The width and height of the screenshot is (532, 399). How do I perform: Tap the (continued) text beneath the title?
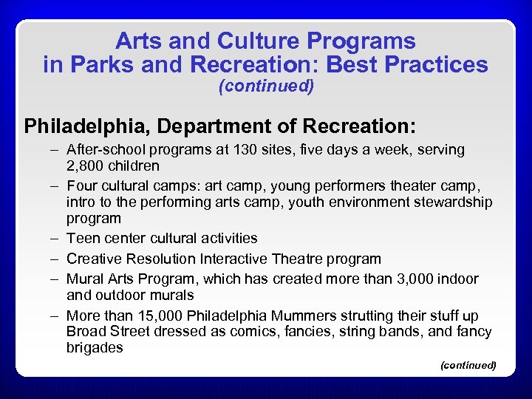click(x=267, y=86)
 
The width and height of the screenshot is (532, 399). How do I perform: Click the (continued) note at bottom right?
click(x=468, y=365)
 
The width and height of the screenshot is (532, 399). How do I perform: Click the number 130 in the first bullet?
click(x=266, y=149)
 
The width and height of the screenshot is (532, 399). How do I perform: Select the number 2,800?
click(x=86, y=166)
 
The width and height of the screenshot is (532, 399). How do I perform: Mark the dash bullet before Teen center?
click(x=55, y=239)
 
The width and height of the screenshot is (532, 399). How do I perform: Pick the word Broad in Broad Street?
click(x=86, y=332)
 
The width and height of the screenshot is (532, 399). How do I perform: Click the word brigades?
click(x=95, y=348)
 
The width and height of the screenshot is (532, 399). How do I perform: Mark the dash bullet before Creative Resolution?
click(x=55, y=259)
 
